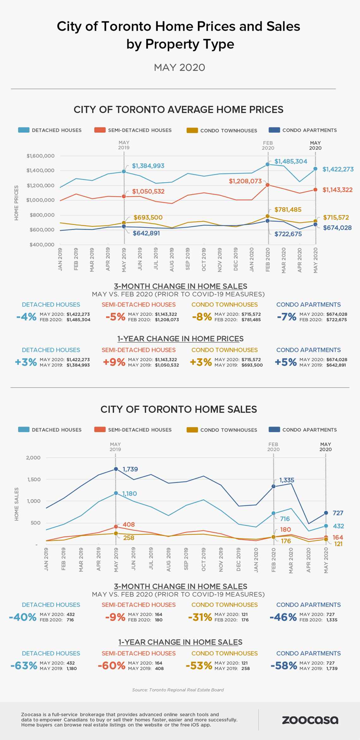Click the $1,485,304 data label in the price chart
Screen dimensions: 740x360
pyautogui.click(x=291, y=161)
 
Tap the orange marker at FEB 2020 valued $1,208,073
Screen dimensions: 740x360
pyautogui.click(x=267, y=185)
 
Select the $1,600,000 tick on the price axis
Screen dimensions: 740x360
pyautogui.click(x=40, y=156)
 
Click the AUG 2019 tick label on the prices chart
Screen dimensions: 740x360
pyautogui.click(x=172, y=259)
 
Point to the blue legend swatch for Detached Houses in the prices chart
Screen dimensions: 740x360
pyautogui.click(x=24, y=130)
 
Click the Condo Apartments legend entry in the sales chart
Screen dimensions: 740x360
pyautogui.click(x=303, y=430)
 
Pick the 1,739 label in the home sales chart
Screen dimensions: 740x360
pyautogui.click(x=130, y=469)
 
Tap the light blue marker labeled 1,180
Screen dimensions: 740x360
pyautogui.click(x=116, y=493)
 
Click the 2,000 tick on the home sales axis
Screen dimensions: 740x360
pyautogui.click(x=33, y=458)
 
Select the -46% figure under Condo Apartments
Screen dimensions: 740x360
pyautogui.click(x=283, y=617)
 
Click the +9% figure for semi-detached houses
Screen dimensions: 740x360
pyautogui.click(x=114, y=362)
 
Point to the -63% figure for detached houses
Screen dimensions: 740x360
pyautogui.click(x=24, y=666)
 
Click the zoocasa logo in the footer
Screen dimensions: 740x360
pyautogui.click(x=310, y=720)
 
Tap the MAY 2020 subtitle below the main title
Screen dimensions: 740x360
pyautogui.click(x=179, y=68)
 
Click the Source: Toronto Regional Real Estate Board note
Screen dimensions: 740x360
pyautogui.click(x=178, y=690)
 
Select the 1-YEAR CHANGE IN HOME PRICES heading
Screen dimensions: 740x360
pyautogui.click(x=180, y=339)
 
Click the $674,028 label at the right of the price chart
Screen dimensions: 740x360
pyautogui.click(x=337, y=228)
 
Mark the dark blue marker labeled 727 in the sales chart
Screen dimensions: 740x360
pyautogui.click(x=326, y=513)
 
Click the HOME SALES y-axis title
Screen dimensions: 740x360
pyautogui.click(x=16, y=504)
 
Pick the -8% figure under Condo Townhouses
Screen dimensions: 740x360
pyautogui.click(x=202, y=317)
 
